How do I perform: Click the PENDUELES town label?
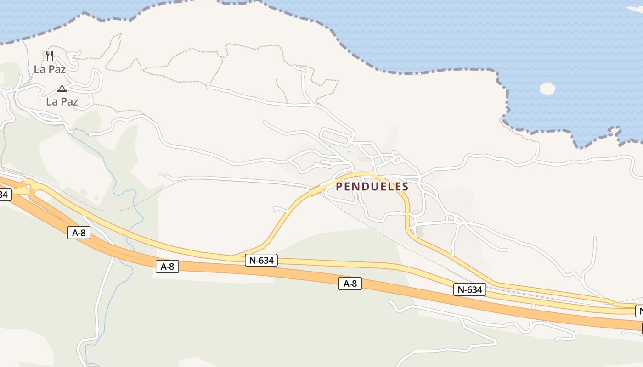372,187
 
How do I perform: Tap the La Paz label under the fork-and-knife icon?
50,69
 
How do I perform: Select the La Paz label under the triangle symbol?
62,101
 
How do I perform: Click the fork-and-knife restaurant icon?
50,56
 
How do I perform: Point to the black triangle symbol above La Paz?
62,89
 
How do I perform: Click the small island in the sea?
547,88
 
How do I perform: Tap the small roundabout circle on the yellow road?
28,187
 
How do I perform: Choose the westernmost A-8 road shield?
79,233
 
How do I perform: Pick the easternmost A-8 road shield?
350,284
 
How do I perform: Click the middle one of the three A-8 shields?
167,266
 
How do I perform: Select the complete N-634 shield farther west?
261,260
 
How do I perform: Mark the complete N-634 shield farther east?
470,289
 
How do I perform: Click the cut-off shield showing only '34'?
4,195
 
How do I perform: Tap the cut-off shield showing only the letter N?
639,311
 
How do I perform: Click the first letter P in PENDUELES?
339,187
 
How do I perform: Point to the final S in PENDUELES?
405,187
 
